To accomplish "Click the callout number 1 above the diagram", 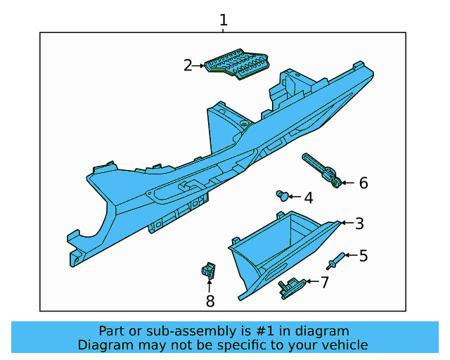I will pos(224,20).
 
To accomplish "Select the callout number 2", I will pos(188,65).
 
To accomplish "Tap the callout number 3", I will pos(359,224).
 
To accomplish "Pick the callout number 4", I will pos(308,198).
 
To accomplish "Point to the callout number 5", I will pos(364,255).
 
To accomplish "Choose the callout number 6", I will pos(364,184).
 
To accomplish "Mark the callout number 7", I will pos(324,283).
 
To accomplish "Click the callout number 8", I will pos(210,302).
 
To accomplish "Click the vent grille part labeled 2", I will pos(238,63).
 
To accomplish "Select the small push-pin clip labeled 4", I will pos(283,195).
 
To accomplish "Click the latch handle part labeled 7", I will pos(290,286).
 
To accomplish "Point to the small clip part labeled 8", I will pos(208,269).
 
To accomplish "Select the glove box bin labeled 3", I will pos(281,250).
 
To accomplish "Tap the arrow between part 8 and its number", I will pos(210,285).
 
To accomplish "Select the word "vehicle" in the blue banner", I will pos(344,345).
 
